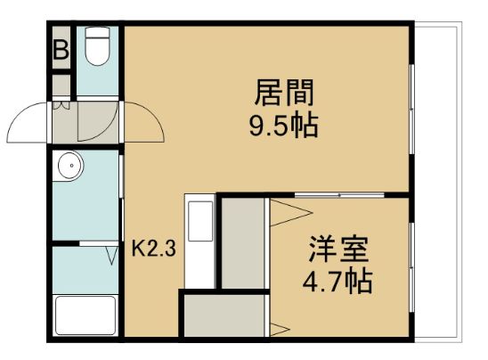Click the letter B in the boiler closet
(x=61, y=50)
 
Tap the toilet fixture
(x=97, y=46)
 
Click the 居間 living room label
(x=284, y=93)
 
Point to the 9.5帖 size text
(x=284, y=126)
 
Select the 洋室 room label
(x=338, y=250)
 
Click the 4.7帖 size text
(x=338, y=282)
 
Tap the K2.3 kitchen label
(x=154, y=249)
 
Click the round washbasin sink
(x=70, y=166)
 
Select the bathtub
(x=85, y=315)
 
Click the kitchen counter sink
(x=200, y=221)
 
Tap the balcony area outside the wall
(x=437, y=183)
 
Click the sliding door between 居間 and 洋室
(x=339, y=195)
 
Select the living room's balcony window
(x=411, y=109)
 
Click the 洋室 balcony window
(x=411, y=267)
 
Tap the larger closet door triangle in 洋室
(x=290, y=213)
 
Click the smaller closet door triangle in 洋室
(x=280, y=329)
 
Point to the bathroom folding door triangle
(x=111, y=256)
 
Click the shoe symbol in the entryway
(x=61, y=105)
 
